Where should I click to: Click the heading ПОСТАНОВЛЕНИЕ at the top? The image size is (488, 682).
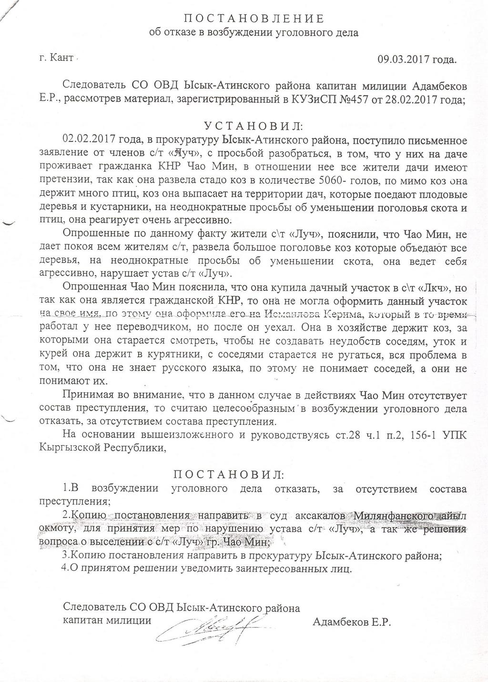[254, 19]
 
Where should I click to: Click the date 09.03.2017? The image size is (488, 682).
[404, 60]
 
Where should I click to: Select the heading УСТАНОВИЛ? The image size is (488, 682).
[253, 126]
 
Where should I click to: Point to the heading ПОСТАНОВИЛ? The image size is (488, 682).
[227, 475]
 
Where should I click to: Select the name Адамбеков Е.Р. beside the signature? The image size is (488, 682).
[351, 622]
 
